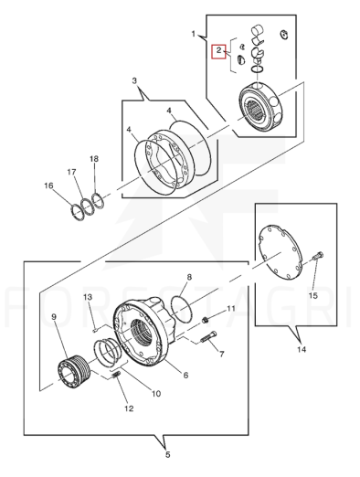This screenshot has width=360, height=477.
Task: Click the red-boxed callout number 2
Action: click(218, 50)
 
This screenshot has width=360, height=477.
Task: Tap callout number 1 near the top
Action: click(193, 34)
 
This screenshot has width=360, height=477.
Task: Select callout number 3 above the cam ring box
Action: click(134, 80)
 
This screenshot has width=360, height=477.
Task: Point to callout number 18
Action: click(94, 159)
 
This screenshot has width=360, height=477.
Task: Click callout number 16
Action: click(48, 185)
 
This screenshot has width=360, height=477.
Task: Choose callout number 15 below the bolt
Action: click(313, 295)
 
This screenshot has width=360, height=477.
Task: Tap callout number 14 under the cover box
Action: click(302, 349)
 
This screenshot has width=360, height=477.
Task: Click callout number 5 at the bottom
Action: click(168, 455)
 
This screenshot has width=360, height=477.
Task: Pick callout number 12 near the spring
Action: click(129, 408)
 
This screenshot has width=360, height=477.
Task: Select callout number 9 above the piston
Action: click(54, 317)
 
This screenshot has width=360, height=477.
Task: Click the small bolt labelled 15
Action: click(318, 256)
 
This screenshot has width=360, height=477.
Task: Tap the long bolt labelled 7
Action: click(208, 337)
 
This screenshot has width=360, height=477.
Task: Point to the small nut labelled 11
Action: click(206, 320)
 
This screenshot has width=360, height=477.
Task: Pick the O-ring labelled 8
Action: click(182, 309)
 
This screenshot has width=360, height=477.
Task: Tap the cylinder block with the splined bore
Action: click(261, 108)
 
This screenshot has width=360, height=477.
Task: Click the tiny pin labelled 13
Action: click(95, 329)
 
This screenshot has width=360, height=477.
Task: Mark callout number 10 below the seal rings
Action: click(156, 394)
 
